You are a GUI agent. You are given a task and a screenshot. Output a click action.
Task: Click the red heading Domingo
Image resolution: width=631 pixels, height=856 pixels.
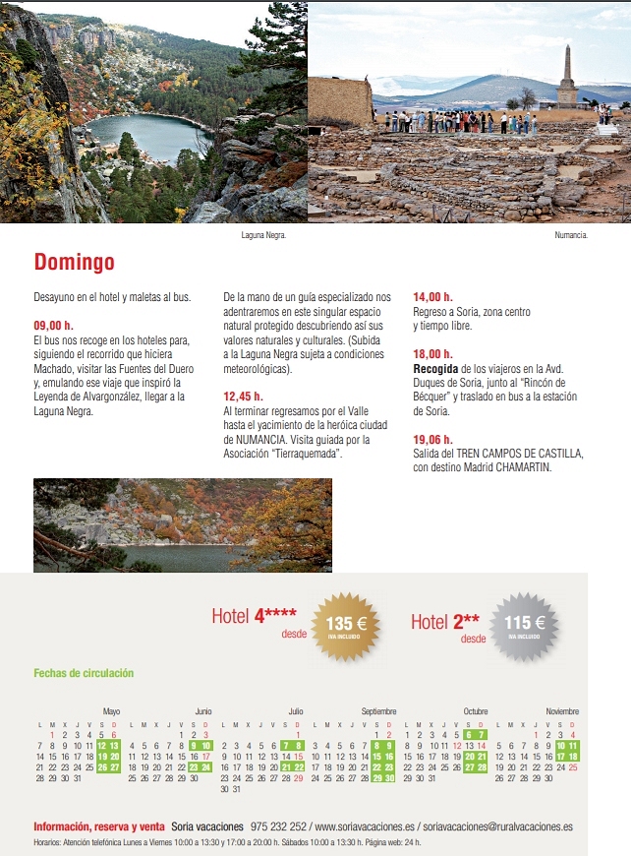pyautogui.click(x=74, y=263)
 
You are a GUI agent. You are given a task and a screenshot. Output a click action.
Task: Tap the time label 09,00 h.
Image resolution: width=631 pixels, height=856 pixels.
pyautogui.click(x=53, y=324)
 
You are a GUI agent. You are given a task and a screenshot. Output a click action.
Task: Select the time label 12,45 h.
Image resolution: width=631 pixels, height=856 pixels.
pyautogui.click(x=243, y=397)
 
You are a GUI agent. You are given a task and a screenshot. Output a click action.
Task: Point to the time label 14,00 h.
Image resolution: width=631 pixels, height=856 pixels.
pyautogui.click(x=432, y=296)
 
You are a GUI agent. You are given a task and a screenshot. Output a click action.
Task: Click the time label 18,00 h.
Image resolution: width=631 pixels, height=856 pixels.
pyautogui.click(x=432, y=354)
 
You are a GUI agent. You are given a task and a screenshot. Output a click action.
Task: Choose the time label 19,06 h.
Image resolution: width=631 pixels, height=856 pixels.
pyautogui.click(x=432, y=440)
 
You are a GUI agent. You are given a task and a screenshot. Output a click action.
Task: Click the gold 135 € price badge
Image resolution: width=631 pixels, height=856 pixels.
pyautogui.click(x=339, y=625)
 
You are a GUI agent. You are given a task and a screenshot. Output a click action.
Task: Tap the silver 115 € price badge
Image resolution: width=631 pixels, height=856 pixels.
pyautogui.click(x=524, y=625)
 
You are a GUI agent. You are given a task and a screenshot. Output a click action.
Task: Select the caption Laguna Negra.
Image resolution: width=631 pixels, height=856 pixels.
pyautogui.click(x=263, y=236)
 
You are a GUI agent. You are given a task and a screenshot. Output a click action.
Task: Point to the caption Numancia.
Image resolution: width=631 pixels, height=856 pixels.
pyautogui.click(x=571, y=236)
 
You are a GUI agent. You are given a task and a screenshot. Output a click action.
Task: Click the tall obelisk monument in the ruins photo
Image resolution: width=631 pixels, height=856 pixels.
pyautogui.click(x=567, y=77)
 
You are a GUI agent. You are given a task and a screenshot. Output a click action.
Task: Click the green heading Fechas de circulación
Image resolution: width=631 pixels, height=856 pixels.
pyautogui.click(x=84, y=673)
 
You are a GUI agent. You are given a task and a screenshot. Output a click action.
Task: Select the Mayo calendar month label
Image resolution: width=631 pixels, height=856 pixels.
pyautogui.click(x=111, y=710)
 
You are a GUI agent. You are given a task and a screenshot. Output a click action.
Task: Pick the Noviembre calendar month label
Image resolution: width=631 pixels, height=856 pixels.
pyautogui.click(x=562, y=710)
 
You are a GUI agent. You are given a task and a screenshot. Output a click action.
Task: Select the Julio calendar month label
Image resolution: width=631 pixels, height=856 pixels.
pyautogui.click(x=296, y=710)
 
